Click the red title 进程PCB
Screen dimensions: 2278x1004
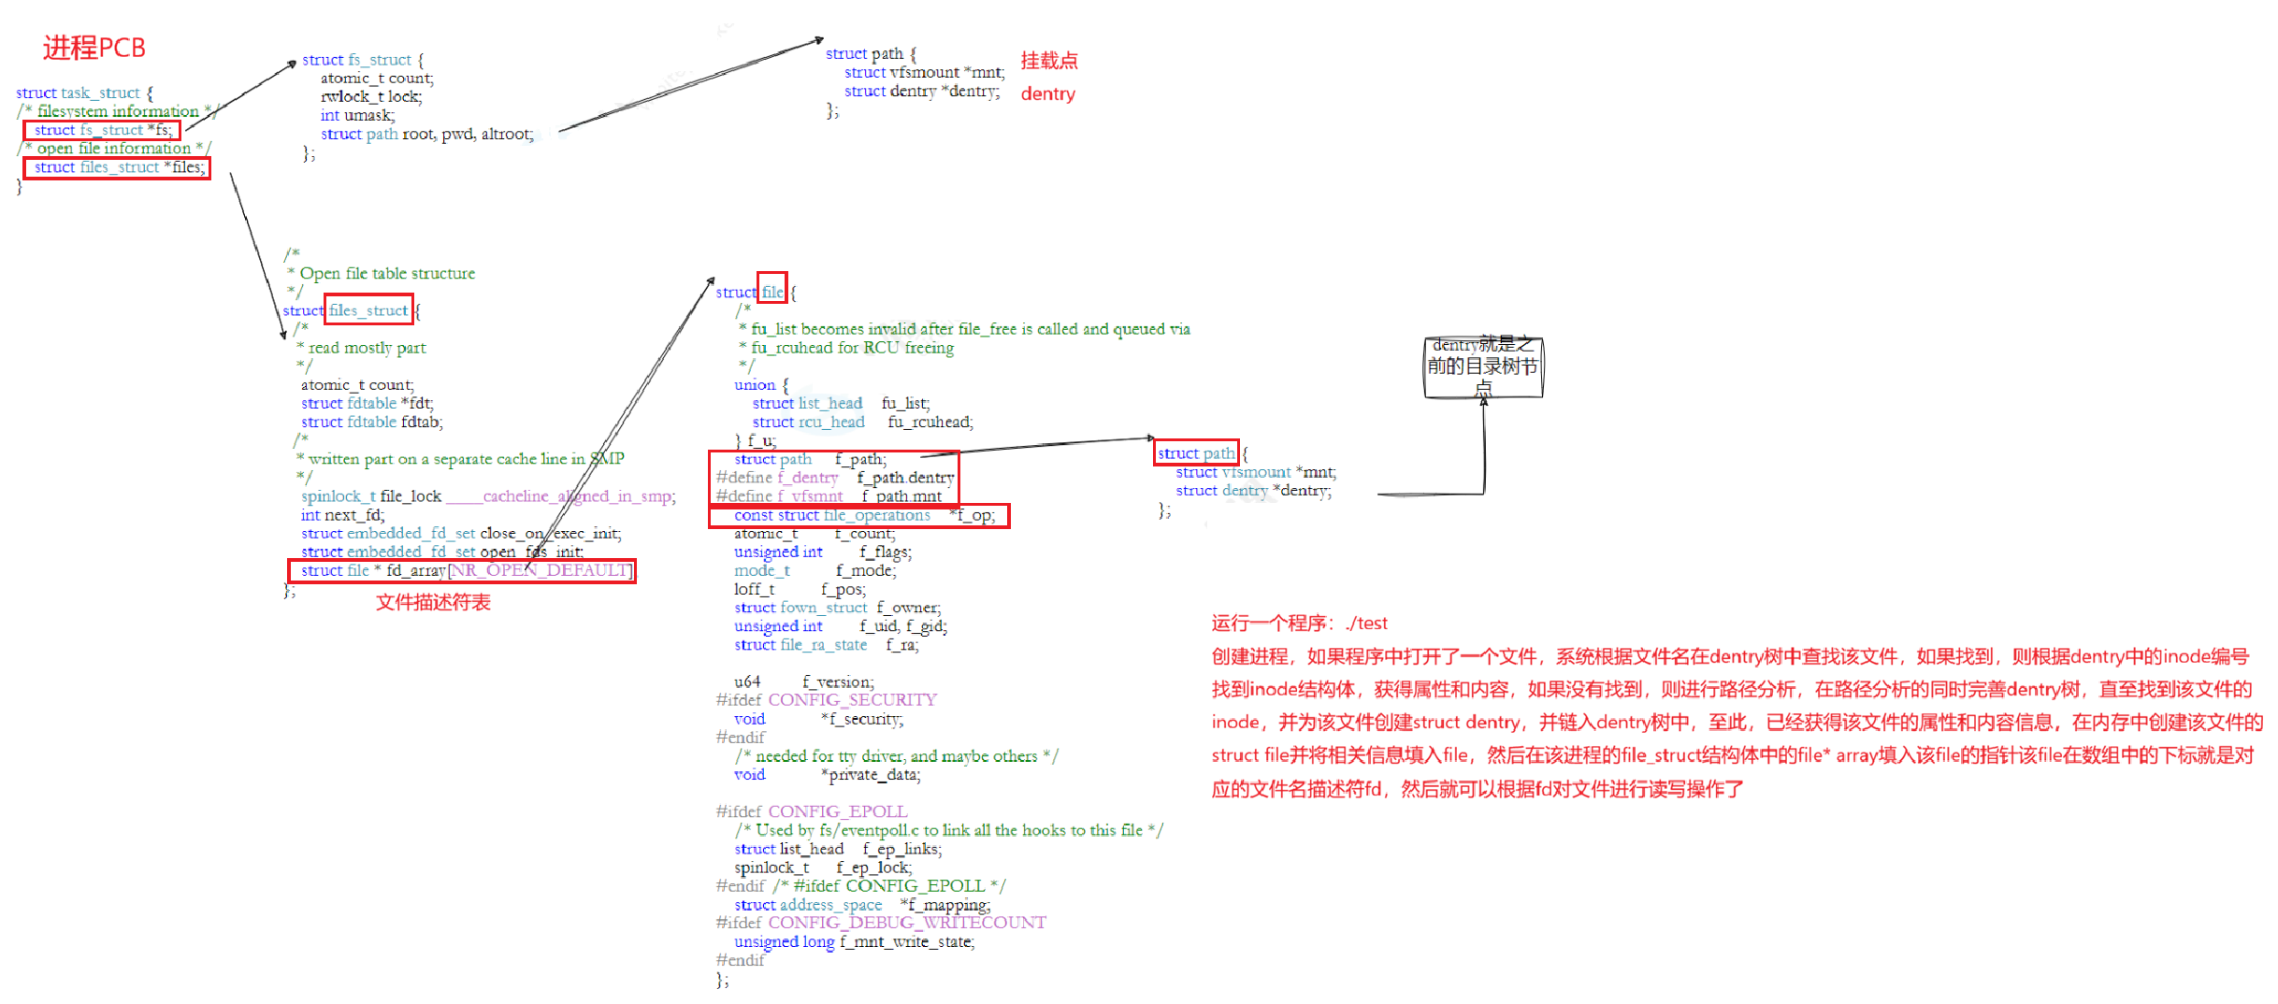[x=94, y=48]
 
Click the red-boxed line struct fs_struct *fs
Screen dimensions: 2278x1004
[x=102, y=130]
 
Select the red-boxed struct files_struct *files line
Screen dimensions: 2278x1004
[x=117, y=167]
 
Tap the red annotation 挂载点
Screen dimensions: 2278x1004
[x=1048, y=61]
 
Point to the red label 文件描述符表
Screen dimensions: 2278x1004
[x=433, y=602]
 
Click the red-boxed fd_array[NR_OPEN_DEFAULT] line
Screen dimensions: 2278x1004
[x=462, y=570]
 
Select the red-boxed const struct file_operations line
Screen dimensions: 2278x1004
[x=859, y=515]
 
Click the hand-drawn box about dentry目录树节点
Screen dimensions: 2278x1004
[x=1482, y=366]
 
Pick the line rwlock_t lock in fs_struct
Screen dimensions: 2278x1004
[x=371, y=96]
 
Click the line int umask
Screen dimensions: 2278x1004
[x=357, y=115]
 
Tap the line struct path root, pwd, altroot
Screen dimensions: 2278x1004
[x=426, y=134]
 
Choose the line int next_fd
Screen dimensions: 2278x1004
[x=342, y=514]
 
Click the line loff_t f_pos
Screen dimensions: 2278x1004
[x=800, y=589]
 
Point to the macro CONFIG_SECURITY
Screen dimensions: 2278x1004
[x=852, y=699]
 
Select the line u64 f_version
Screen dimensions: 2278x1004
[x=804, y=681]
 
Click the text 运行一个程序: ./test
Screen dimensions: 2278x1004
[x=1299, y=623]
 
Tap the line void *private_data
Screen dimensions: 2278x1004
[x=827, y=774]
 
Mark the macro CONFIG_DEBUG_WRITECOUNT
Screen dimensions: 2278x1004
[x=906, y=923]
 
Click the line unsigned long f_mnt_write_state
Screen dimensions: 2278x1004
[x=854, y=941]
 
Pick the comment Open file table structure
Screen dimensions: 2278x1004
[x=387, y=273]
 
